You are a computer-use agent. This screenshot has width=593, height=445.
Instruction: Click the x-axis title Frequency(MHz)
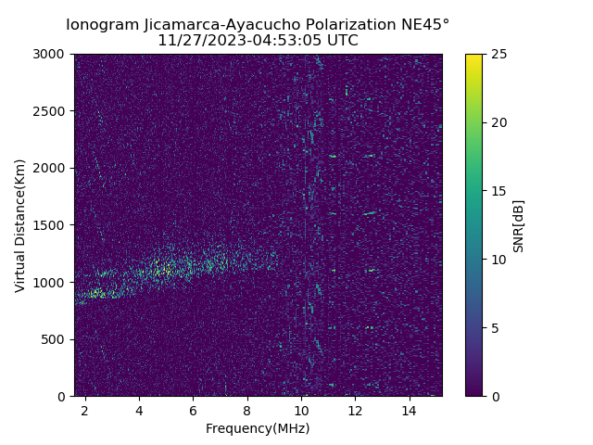[258, 428]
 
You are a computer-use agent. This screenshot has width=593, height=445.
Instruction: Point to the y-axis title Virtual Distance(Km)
[19, 225]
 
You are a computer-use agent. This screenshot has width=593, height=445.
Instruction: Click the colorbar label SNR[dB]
[519, 225]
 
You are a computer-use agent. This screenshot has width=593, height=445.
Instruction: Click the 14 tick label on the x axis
[410, 410]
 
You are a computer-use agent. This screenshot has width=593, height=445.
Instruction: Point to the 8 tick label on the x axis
[247, 410]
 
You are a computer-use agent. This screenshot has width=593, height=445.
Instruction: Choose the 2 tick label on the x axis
[84, 410]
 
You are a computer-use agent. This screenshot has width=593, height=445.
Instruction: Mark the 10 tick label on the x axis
[301, 410]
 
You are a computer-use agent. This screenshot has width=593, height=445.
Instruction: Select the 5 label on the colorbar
[494, 328]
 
